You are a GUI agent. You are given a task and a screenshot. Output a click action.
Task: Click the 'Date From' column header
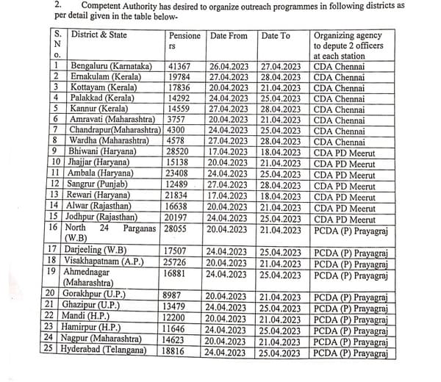pos(229,36)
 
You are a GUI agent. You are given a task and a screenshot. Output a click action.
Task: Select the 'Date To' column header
pos(276,36)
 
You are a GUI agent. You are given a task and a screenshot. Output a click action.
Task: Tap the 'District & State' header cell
pos(99,35)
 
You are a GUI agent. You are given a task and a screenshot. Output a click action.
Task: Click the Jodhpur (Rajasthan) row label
pos(103,217)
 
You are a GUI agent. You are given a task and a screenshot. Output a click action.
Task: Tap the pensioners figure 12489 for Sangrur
pos(179,184)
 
